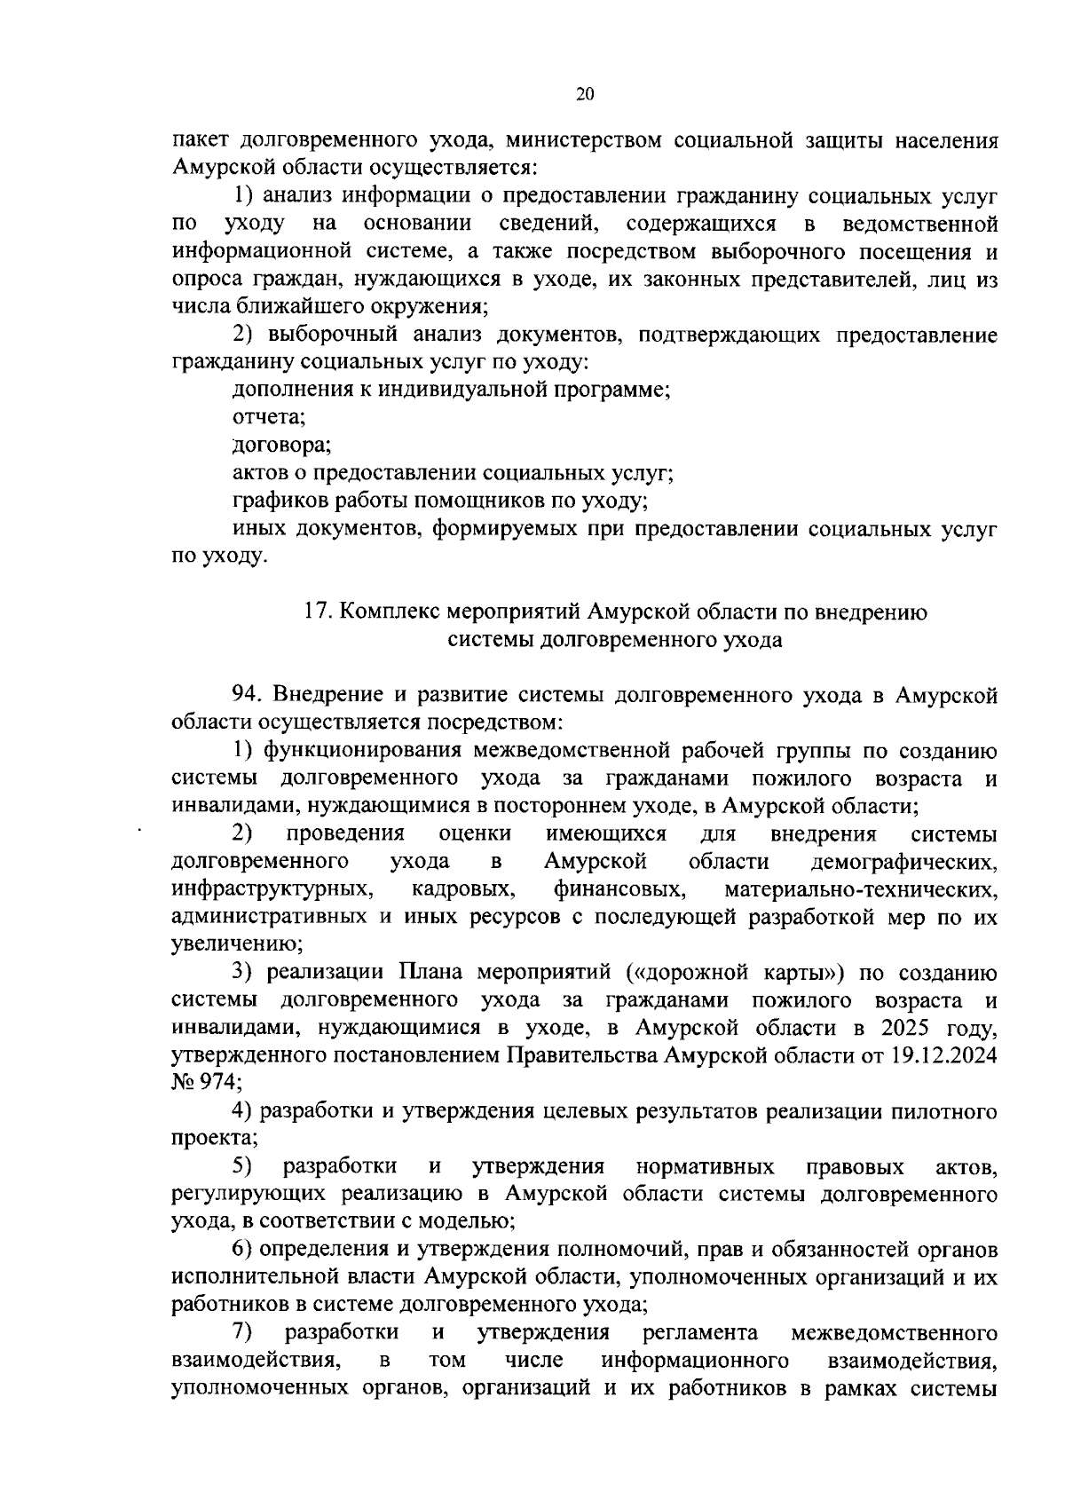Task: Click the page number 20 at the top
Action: pos(584,95)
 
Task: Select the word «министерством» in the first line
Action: pos(588,140)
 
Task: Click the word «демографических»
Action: pos(903,862)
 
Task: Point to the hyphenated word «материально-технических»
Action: pos(860,889)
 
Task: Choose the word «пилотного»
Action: pos(947,1111)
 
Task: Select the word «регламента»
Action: pos(700,1333)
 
